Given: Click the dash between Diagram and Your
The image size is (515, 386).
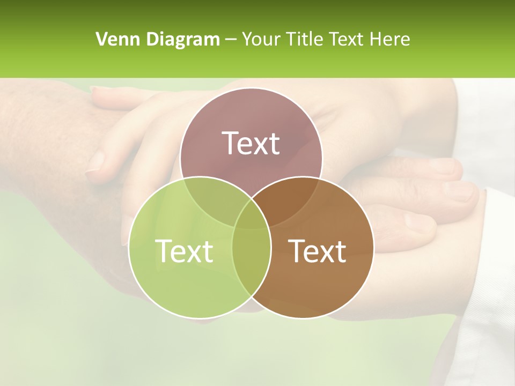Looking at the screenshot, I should (230, 40).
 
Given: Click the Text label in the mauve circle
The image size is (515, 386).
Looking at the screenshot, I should (251, 143).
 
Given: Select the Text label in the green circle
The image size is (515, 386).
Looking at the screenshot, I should (184, 250).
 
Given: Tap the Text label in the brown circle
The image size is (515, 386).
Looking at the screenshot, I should (318, 250).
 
